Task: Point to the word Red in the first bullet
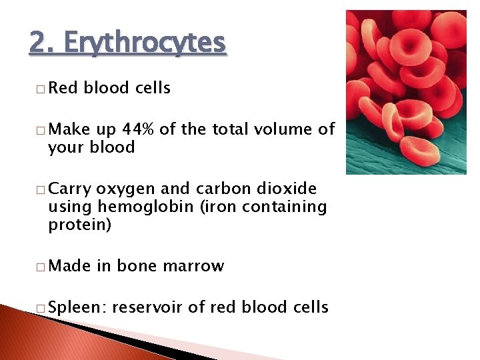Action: point(63,88)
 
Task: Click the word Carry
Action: point(70,189)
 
